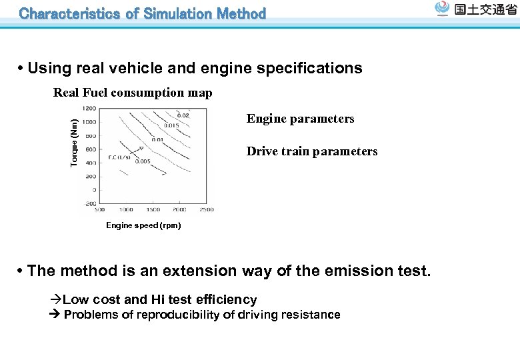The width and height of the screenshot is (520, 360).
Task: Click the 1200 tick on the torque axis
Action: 89,109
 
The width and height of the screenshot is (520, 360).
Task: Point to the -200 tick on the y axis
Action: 89,203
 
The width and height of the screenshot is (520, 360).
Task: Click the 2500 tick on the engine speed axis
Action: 205,210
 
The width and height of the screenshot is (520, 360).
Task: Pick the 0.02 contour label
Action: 182,115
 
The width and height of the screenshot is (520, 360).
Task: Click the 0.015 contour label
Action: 170,125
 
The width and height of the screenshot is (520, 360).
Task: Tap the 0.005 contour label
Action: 142,161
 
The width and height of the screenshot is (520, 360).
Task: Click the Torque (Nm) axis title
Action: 75,143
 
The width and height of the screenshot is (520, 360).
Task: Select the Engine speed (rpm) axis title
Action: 143,225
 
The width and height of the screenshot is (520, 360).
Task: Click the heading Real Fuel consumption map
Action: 133,93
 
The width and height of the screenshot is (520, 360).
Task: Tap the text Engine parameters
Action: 300,119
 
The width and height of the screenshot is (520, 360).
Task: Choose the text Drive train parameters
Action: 312,151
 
